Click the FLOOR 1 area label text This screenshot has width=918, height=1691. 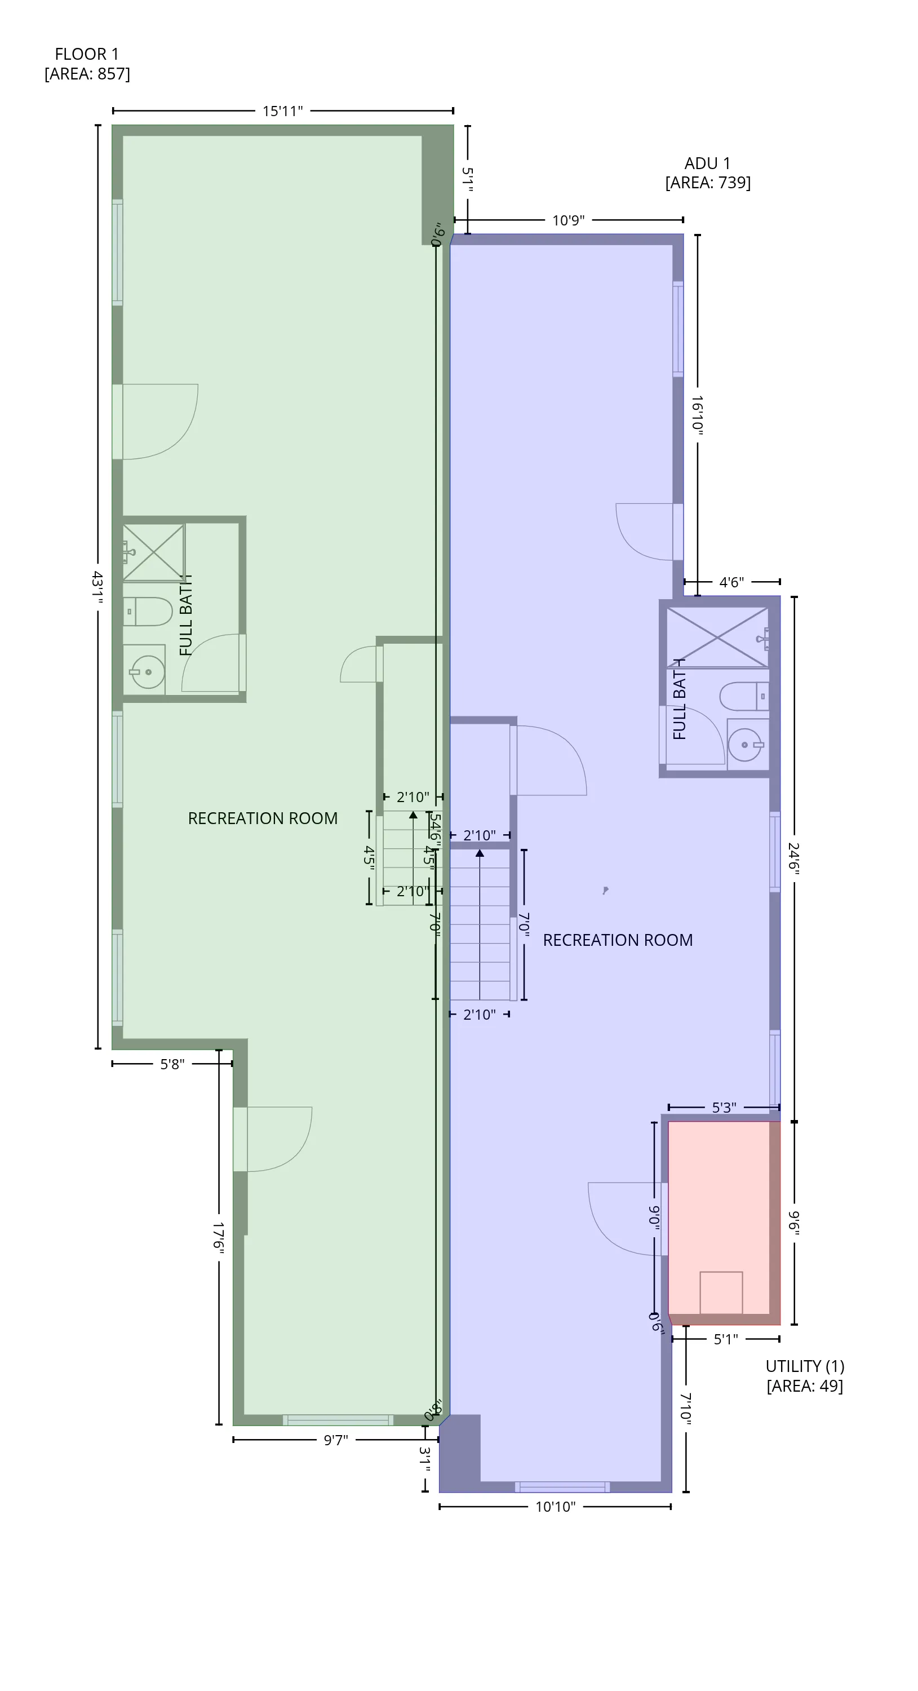(87, 64)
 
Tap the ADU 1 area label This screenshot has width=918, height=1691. (707, 172)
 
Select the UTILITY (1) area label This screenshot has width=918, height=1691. (805, 1376)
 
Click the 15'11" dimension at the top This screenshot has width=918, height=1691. (282, 111)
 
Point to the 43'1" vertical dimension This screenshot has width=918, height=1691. (97, 588)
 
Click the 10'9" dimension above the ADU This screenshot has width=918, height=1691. (567, 220)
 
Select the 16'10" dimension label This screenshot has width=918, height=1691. (697, 414)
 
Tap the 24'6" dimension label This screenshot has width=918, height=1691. (794, 858)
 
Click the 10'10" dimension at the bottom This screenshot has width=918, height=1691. (555, 1507)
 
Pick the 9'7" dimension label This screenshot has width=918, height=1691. (335, 1440)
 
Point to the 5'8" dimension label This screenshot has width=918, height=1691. (172, 1064)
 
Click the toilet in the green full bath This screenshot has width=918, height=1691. (147, 611)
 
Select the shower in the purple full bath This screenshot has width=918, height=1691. (717, 637)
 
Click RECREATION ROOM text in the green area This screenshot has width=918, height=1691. (263, 818)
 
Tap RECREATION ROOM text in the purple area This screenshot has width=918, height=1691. (618, 940)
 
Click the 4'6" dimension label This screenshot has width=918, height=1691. (731, 582)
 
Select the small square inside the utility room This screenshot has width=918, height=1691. (721, 1292)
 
